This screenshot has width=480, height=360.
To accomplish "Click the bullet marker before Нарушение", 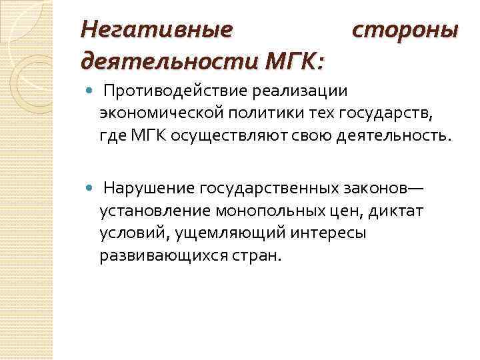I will pyautogui.click(x=91, y=188).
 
